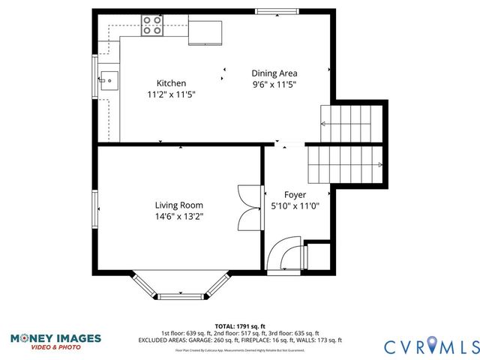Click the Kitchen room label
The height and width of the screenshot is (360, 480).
click(171, 83)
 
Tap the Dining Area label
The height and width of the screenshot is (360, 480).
click(274, 73)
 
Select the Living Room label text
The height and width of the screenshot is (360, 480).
click(178, 205)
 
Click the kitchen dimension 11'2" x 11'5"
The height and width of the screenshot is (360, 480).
click(171, 94)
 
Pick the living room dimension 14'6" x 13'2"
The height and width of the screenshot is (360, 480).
click(178, 216)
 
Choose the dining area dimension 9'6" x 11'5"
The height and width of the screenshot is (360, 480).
click(274, 85)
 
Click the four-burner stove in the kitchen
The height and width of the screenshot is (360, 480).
click(152, 25)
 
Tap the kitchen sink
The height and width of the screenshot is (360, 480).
click(108, 77)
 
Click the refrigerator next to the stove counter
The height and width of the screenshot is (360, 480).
click(205, 32)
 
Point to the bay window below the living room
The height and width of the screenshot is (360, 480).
click(180, 286)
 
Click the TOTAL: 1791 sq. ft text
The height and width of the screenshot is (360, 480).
click(239, 326)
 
